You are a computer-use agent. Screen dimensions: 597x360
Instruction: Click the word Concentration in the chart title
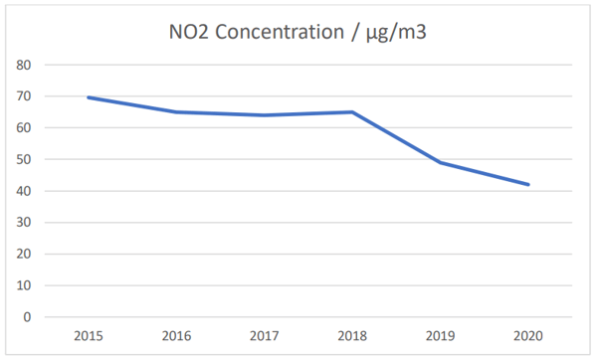click(x=280, y=32)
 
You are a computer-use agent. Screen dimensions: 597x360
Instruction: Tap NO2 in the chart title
click(x=189, y=32)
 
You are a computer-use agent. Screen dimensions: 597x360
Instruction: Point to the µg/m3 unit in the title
click(x=396, y=33)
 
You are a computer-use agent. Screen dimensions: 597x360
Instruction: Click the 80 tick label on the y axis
click(x=24, y=65)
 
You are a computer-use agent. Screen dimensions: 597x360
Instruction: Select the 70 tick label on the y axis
click(x=24, y=96)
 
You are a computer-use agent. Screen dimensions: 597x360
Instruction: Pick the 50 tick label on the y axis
click(x=24, y=159)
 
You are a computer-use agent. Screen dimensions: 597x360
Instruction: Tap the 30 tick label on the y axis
click(x=24, y=222)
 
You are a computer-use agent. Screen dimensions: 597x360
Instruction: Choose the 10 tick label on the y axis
click(x=24, y=285)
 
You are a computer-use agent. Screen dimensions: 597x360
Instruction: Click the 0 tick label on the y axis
click(x=27, y=317)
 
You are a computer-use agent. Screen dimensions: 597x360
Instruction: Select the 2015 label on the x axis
click(x=89, y=336)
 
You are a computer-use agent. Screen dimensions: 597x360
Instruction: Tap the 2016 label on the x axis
click(x=176, y=336)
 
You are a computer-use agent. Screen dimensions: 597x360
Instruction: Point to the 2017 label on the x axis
click(x=265, y=336)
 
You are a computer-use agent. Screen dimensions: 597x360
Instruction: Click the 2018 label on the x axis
click(x=352, y=336)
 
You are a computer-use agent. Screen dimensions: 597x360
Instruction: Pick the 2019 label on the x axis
click(x=440, y=336)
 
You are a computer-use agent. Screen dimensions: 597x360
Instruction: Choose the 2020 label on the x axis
click(x=528, y=336)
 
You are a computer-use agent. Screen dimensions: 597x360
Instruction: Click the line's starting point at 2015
click(x=89, y=97)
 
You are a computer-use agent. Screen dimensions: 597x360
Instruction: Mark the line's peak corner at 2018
click(x=352, y=112)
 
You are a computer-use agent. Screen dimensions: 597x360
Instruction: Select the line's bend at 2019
click(x=441, y=162)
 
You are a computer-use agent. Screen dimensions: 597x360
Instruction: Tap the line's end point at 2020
click(x=528, y=185)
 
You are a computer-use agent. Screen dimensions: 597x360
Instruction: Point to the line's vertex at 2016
click(x=176, y=112)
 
